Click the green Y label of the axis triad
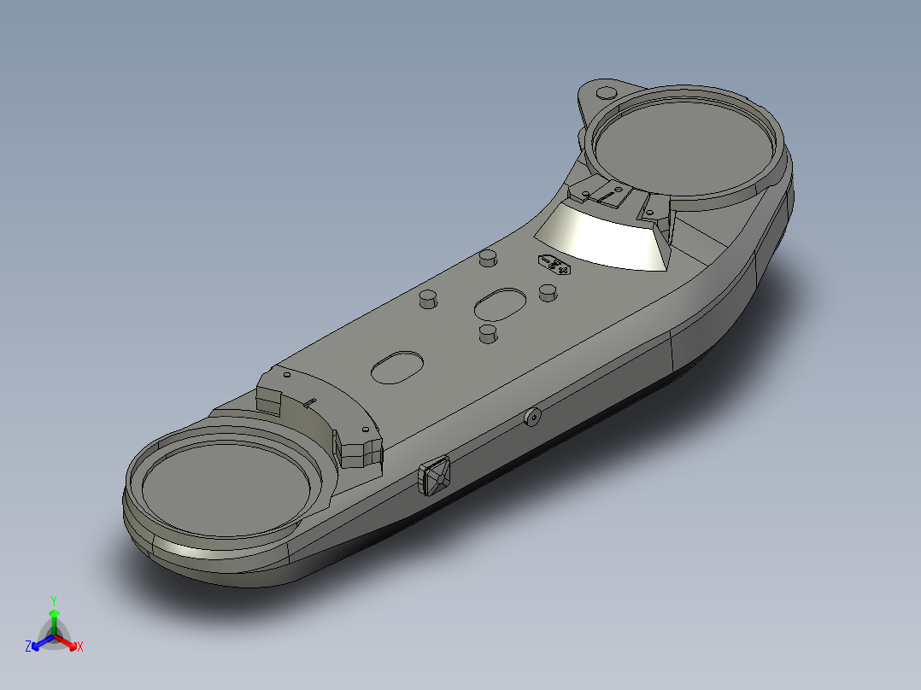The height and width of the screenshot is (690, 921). [x=53, y=600]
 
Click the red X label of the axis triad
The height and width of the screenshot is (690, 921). [x=79, y=647]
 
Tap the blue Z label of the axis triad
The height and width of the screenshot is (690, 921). [x=28, y=647]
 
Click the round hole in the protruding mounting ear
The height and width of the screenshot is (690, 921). [x=605, y=92]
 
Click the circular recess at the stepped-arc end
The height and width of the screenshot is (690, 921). [x=225, y=483]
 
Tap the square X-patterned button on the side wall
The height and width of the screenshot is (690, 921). [x=436, y=476]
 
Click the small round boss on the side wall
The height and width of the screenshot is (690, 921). [x=532, y=417]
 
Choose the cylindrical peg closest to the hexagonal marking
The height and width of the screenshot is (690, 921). [x=548, y=293]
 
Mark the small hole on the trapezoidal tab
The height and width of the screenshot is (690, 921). [x=587, y=196]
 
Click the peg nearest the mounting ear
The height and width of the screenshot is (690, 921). [x=488, y=257]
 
